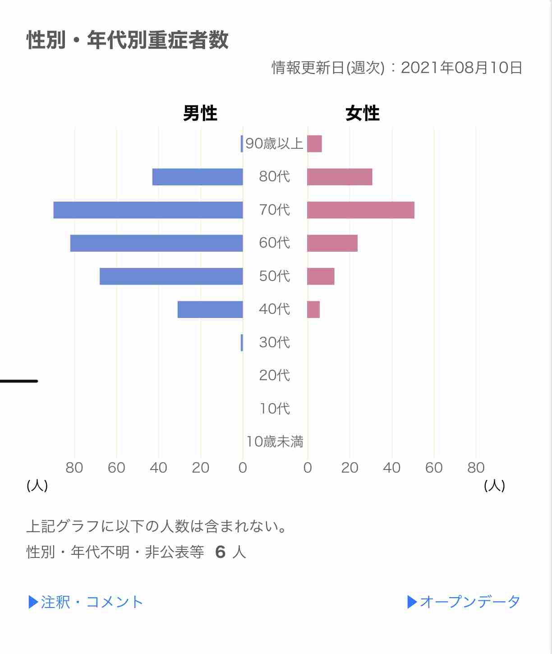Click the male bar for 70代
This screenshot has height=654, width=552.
[148, 210]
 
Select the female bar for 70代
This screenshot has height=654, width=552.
[360, 210]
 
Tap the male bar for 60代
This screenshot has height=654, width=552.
[156, 243]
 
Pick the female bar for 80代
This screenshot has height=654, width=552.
[340, 177]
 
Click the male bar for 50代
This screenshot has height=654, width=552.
[171, 276]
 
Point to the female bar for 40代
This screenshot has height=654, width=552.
[313, 309]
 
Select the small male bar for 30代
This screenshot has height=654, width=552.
[242, 343]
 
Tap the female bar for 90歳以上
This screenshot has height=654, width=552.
[314, 144]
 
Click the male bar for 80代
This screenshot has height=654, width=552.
[198, 177]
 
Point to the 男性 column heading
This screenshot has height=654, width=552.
[200, 113]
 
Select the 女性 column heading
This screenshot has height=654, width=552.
[363, 113]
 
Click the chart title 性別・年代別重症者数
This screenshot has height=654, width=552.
[128, 40]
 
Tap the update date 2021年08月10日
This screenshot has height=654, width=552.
[461, 68]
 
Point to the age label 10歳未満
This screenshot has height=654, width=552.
[274, 441]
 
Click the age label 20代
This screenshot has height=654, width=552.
[274, 375]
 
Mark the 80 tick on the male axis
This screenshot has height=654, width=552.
[74, 468]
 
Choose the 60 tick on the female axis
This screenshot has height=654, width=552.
[434, 468]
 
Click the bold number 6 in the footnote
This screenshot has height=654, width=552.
[220, 552]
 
